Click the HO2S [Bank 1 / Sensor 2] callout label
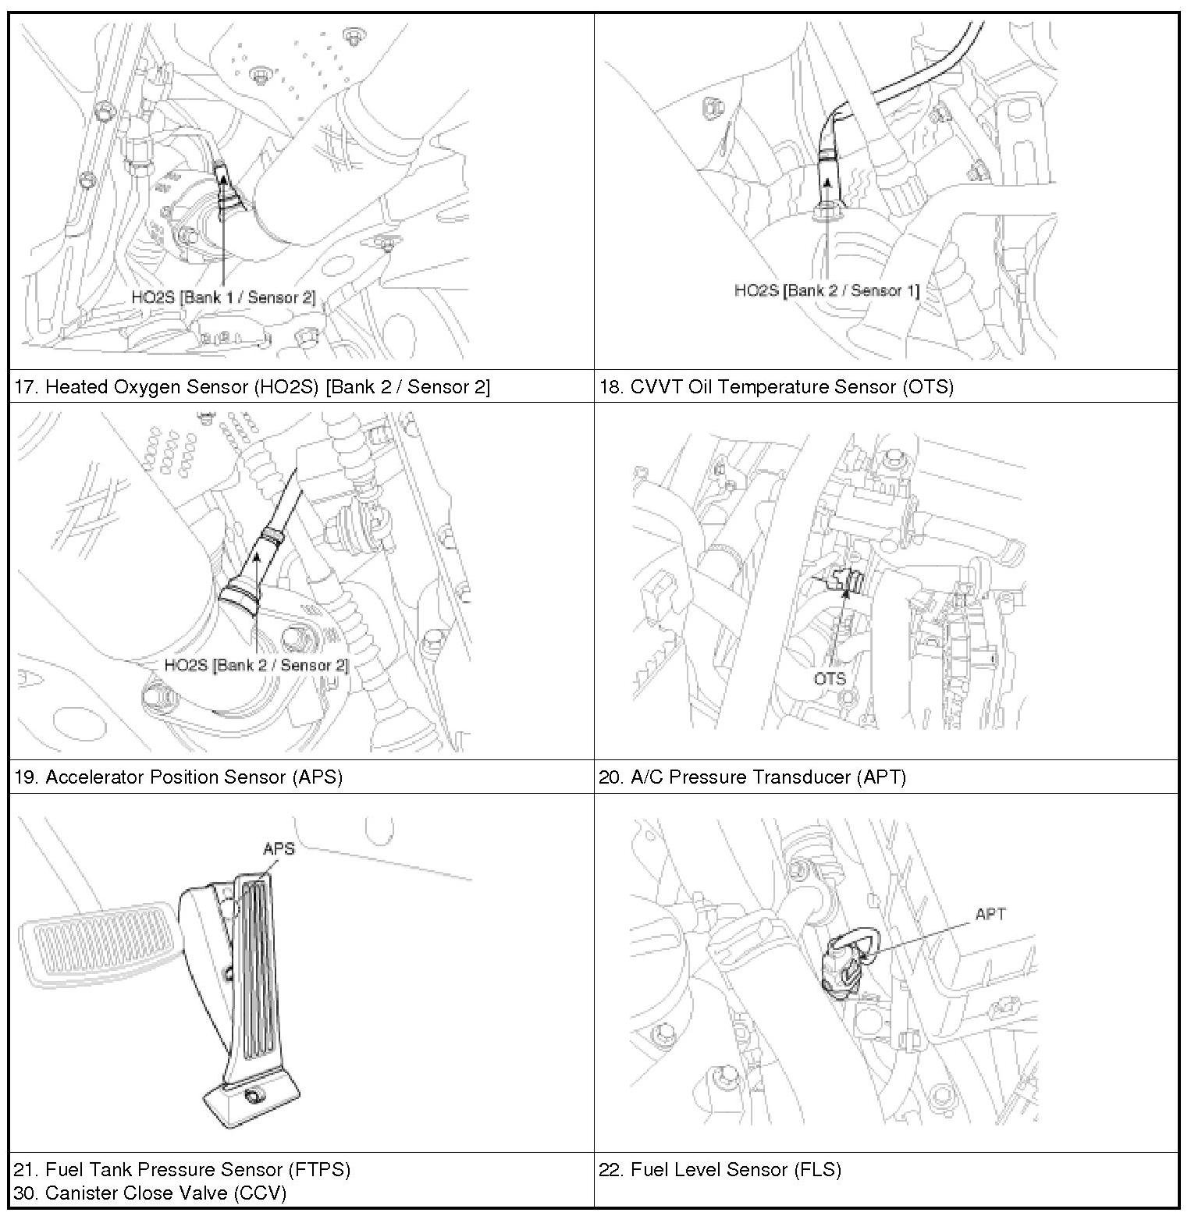coord(223,297)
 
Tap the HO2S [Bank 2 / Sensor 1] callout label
coord(827,290)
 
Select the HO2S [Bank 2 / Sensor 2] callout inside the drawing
coord(256,665)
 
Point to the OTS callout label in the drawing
coord(830,678)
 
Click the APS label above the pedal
coord(279,848)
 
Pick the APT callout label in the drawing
coord(990,914)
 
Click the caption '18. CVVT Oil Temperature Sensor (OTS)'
coord(776,386)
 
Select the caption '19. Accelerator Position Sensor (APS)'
coord(179,777)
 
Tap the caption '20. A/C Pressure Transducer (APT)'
coord(752,777)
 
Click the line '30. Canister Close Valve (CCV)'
coord(150,1193)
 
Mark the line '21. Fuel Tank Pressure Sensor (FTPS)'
coord(182,1169)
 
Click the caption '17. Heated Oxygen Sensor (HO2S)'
coord(252,386)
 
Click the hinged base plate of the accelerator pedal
coord(251,1098)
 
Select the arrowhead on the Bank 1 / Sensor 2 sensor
coord(223,180)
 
